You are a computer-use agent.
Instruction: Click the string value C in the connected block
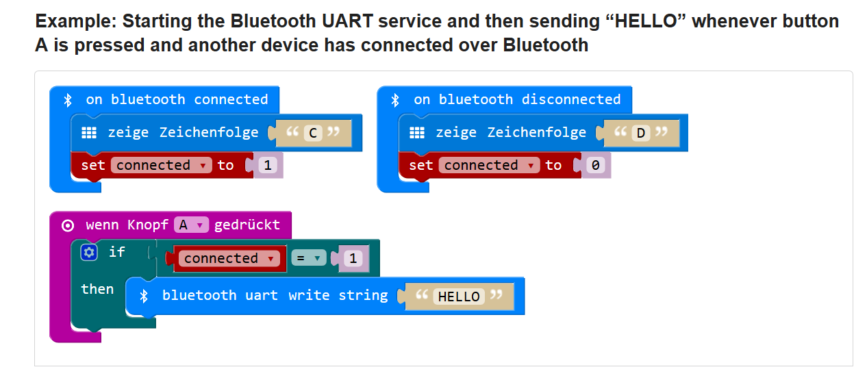[313, 133]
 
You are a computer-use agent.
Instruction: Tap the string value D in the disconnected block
[641, 133]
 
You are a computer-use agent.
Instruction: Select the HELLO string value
[459, 297]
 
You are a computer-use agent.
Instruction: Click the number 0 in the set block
[595, 166]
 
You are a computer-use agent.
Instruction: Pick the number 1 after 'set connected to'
[268, 166]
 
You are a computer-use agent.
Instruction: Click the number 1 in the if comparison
[353, 258]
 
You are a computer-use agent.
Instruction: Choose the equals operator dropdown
[308, 258]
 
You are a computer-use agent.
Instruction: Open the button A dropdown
[191, 225]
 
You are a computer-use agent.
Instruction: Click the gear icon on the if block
[89, 253]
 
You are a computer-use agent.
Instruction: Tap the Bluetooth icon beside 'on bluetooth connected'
[68, 100]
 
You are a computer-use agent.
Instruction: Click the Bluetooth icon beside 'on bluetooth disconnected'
[395, 100]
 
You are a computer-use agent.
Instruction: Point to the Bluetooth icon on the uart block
[144, 297]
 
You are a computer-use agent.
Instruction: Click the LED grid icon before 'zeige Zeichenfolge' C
[89, 133]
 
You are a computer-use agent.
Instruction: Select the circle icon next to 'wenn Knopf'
[68, 225]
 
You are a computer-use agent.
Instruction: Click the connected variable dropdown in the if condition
[229, 258]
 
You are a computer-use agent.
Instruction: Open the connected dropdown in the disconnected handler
[489, 166]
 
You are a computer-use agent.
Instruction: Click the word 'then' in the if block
[97, 290]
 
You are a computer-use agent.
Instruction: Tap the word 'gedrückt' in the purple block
[247, 225]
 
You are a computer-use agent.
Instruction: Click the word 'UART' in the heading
[347, 21]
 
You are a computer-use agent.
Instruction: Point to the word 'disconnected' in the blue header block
[571, 100]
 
